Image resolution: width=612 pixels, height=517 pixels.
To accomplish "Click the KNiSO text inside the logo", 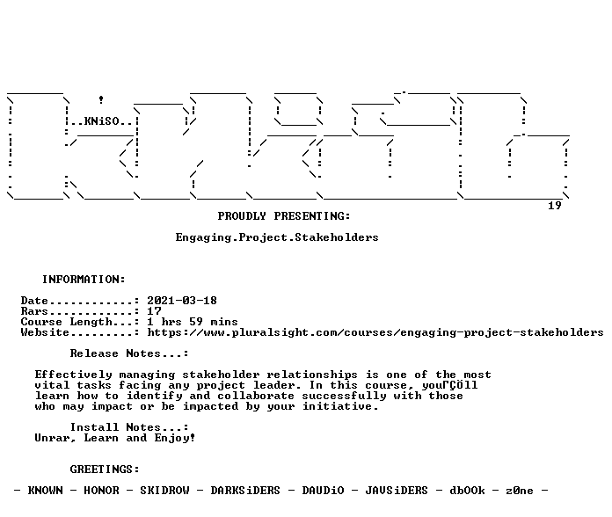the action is (101, 121).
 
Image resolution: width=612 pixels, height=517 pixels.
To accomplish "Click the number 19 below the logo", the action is (555, 206).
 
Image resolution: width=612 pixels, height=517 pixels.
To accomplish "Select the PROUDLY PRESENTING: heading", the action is (284, 216).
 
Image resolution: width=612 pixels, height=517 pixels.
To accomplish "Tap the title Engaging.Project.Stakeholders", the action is (277, 237).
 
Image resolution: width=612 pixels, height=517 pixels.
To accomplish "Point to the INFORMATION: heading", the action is (84, 280).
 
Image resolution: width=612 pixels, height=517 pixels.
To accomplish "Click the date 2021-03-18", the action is (182, 301).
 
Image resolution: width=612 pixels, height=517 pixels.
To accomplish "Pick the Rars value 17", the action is (154, 311).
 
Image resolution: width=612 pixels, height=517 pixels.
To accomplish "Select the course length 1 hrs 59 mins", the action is (193, 322).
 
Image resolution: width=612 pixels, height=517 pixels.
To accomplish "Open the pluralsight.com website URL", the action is (375, 332).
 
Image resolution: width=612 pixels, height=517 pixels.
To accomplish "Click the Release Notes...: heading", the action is (129, 353).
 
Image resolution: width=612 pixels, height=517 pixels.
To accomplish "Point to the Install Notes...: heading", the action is (129, 427).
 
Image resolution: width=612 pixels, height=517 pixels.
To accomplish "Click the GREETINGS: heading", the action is (105, 470).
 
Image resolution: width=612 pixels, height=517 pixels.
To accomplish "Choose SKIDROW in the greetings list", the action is (164, 491).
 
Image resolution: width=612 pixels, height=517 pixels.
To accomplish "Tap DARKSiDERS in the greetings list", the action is (245, 491).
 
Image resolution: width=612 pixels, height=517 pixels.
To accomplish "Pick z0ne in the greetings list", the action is (520, 491).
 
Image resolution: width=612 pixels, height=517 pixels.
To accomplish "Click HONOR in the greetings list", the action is (101, 491).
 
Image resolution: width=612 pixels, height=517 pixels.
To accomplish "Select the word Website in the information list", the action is (45, 332).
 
